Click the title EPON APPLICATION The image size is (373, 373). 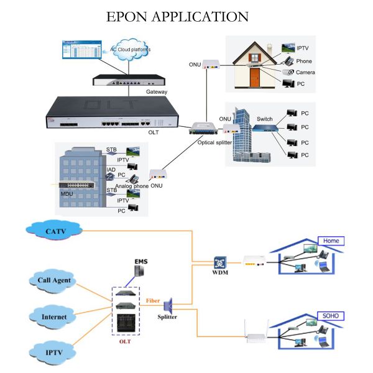point(177,16)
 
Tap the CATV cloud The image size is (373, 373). point(55,231)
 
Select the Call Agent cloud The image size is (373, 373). point(53,280)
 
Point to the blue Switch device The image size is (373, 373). point(265,127)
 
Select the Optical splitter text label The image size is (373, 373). point(214,142)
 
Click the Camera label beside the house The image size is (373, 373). point(305,73)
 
